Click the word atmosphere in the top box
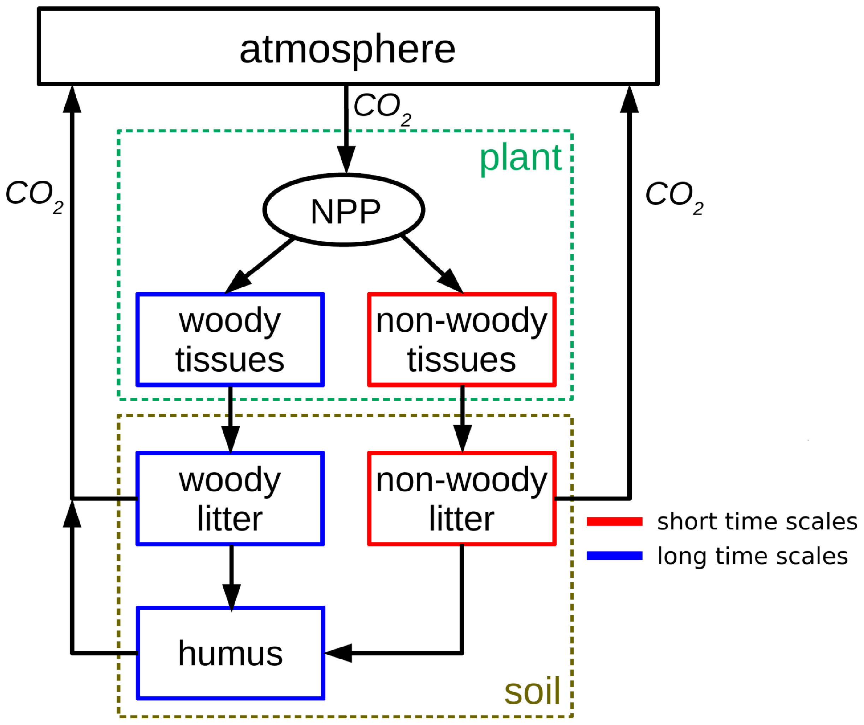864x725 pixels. coord(348,49)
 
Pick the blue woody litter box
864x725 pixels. coord(230,499)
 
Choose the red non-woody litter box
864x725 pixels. coord(462,499)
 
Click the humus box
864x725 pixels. coord(230,654)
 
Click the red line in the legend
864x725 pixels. coord(614,522)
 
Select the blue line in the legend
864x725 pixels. coord(614,556)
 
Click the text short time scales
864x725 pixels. coord(757,522)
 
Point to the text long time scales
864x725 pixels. coord(752,556)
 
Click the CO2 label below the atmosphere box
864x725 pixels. coord(382,108)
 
